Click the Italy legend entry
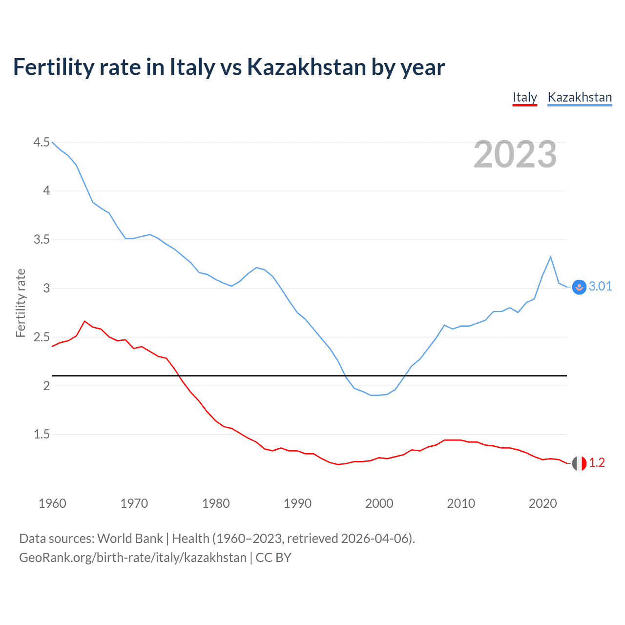click(x=524, y=97)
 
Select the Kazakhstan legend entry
click(x=580, y=97)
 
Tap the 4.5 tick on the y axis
click(x=42, y=142)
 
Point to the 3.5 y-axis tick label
click(x=42, y=239)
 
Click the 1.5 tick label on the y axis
click(x=42, y=434)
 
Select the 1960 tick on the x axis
click(x=52, y=503)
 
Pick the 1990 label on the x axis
click(x=297, y=503)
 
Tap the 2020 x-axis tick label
click(x=542, y=503)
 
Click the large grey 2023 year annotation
click(x=515, y=154)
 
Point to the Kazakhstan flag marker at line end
click(x=579, y=287)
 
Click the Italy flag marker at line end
click(x=579, y=463)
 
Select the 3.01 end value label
click(x=600, y=287)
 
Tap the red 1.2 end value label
click(x=597, y=462)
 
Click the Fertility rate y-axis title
click(x=21, y=303)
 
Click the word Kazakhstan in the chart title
click(x=306, y=67)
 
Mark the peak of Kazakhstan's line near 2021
click(x=551, y=257)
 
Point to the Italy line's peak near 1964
click(x=85, y=321)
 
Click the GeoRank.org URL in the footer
click(x=133, y=558)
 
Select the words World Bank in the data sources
click(x=130, y=539)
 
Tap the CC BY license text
click(x=273, y=558)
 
